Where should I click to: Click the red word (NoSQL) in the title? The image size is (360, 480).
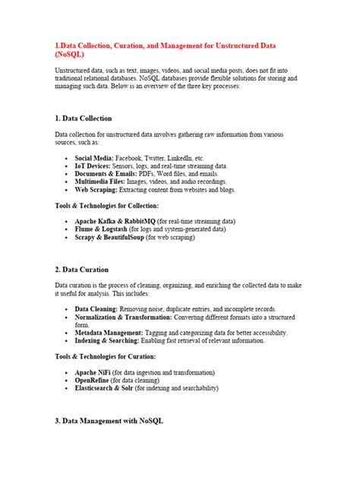[70, 55]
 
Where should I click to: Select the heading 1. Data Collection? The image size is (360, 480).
[84, 118]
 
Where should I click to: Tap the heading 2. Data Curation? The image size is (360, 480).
[81, 270]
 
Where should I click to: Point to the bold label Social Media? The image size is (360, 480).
[96, 157]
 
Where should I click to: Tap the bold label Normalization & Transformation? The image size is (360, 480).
[125, 317]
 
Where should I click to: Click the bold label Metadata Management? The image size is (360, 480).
[109, 333]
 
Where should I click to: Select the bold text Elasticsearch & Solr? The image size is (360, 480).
[108, 388]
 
